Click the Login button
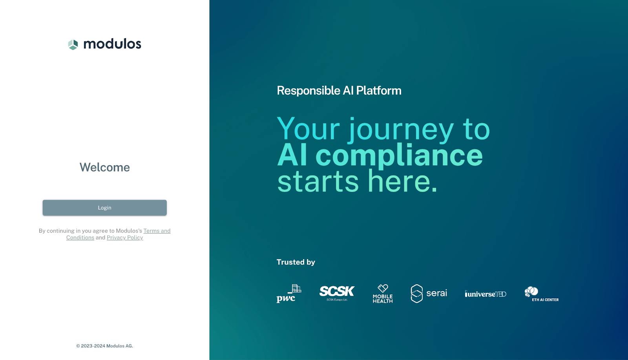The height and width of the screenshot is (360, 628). [x=104, y=208]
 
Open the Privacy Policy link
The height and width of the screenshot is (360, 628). [x=125, y=238]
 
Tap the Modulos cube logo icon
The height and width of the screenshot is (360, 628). [x=73, y=44]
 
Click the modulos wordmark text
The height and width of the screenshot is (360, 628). [x=112, y=44]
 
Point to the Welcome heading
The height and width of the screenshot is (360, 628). [x=104, y=167]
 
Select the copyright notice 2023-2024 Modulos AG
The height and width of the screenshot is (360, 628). [x=104, y=346]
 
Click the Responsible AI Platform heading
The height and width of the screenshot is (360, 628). [x=339, y=91]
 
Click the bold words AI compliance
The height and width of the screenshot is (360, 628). [x=380, y=155]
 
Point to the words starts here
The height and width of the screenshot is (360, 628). [x=357, y=181]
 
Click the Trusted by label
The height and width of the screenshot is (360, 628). [x=296, y=262]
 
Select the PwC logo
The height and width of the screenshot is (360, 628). [x=288, y=294]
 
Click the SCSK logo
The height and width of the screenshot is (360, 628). [x=337, y=292]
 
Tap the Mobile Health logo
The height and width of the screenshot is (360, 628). [x=383, y=294]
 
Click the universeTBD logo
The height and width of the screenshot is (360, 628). [x=486, y=294]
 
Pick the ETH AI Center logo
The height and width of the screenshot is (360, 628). [x=541, y=294]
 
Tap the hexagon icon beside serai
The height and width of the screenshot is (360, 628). [x=416, y=294]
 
